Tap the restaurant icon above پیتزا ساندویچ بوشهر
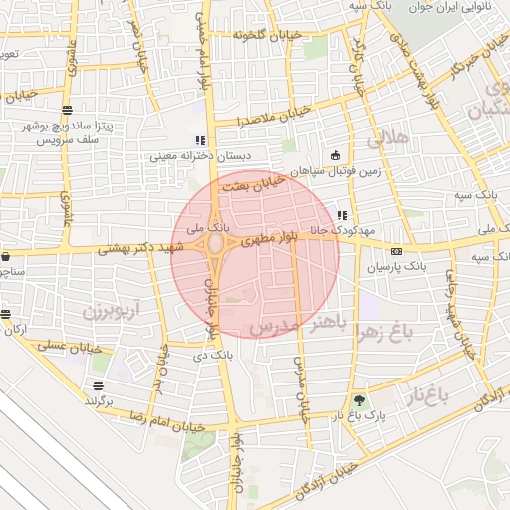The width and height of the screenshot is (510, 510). (67, 110)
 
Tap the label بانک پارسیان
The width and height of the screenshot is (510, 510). (395, 267)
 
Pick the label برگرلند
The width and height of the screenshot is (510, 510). (98, 400)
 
